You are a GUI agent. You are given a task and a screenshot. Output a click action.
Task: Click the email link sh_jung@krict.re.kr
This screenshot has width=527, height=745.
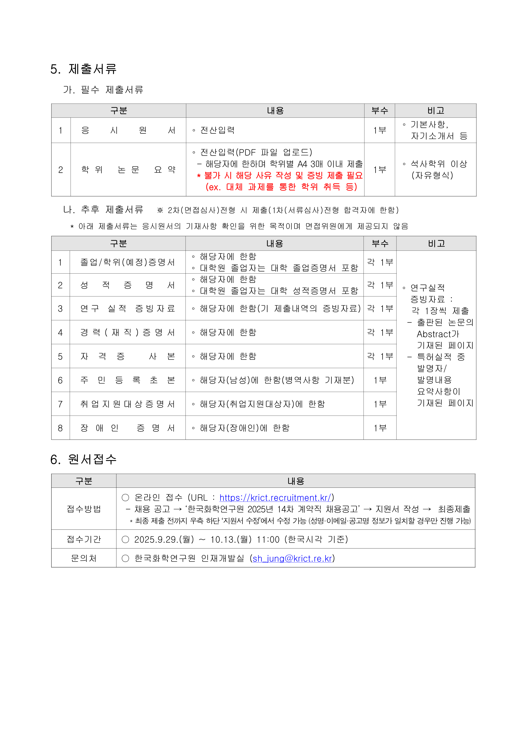(292, 558)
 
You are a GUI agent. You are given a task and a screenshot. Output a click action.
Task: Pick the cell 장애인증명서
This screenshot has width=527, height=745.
(128, 428)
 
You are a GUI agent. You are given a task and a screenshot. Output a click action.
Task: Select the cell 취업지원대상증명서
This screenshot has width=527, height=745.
(128, 404)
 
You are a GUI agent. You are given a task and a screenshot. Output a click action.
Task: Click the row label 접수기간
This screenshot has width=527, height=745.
(84, 539)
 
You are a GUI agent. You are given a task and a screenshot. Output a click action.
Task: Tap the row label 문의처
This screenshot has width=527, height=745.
(84, 558)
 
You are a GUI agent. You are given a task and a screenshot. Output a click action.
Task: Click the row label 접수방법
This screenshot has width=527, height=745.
(84, 509)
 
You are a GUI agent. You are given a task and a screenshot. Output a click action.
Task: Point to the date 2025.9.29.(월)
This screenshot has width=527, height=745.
(164, 539)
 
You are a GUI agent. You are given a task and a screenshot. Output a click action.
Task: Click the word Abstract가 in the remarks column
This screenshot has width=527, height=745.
(438, 334)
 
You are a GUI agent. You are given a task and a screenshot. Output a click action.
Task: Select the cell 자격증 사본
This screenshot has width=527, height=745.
(128, 356)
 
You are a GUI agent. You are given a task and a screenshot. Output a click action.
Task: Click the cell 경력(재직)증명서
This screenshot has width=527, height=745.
(128, 332)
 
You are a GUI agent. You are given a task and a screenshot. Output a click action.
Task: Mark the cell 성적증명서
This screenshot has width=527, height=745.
(128, 285)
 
